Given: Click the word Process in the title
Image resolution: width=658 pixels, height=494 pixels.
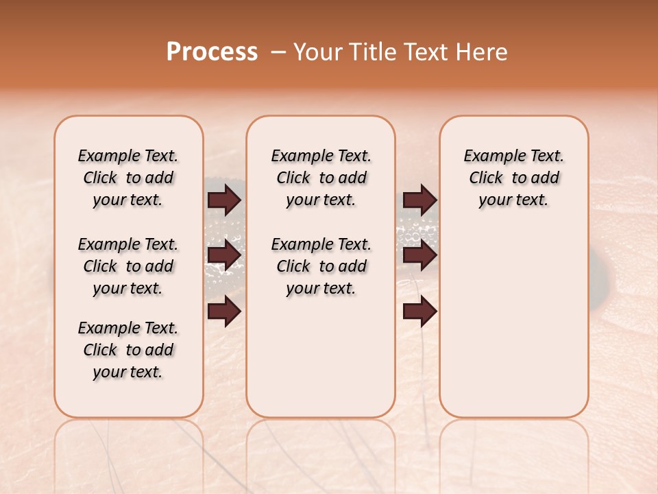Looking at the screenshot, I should click(212, 52).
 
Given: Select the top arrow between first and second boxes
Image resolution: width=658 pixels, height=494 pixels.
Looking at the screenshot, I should click(224, 200).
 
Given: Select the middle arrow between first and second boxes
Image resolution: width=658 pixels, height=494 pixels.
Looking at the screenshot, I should click(224, 256).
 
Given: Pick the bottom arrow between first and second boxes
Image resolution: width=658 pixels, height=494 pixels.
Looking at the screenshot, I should click(224, 312).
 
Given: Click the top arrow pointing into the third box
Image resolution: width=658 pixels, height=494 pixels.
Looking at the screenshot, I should click(420, 200).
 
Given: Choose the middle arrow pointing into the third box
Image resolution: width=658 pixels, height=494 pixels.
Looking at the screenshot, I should click(420, 256).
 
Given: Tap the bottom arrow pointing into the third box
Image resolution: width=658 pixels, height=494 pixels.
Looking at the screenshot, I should click(420, 312).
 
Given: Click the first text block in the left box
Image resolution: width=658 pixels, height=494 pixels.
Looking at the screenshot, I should click(128, 178).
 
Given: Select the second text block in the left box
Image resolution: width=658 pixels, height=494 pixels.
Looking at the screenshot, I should click(128, 266).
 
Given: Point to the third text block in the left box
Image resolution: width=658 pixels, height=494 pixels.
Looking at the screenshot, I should click(128, 350).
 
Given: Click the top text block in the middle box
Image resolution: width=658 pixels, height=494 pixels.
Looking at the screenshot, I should click(321, 178).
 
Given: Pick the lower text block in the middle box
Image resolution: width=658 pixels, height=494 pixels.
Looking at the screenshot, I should click(321, 266).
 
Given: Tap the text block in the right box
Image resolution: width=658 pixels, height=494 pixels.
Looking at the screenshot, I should click(513, 178).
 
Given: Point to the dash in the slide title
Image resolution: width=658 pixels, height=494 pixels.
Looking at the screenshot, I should click(278, 52).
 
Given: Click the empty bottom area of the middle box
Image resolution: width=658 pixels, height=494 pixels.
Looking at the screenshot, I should click(321, 364).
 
